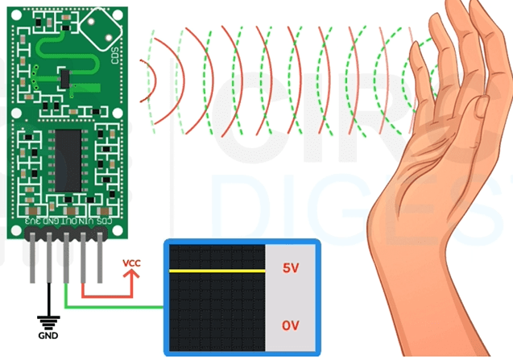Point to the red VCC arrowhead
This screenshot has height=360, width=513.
[130, 276]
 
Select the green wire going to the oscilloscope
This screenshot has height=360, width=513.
[121, 306]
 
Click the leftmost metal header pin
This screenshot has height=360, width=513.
[33, 258]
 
